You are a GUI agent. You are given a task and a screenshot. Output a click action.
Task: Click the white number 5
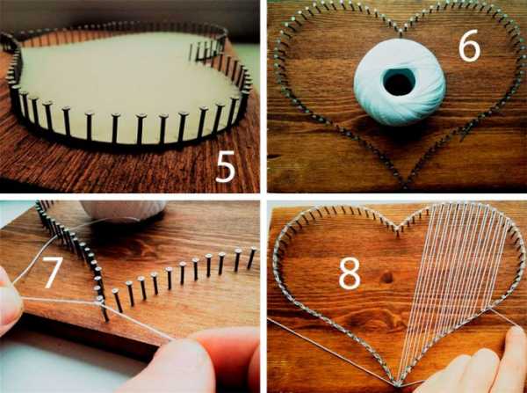(225, 166)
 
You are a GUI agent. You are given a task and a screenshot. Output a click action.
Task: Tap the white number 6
(470, 46)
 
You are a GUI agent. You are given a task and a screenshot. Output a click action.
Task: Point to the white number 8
(350, 273)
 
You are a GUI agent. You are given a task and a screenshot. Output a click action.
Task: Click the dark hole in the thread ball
(400, 81)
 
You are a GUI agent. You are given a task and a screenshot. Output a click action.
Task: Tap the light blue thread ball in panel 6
(400, 82)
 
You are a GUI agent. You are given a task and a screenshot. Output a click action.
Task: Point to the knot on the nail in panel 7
(100, 301)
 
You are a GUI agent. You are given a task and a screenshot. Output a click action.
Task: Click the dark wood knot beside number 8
(387, 278)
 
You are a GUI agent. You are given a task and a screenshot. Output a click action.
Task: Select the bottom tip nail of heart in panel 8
(397, 383)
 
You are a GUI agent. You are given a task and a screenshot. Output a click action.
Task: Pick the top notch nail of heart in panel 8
(397, 231)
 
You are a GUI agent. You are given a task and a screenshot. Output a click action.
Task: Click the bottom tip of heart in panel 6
(406, 185)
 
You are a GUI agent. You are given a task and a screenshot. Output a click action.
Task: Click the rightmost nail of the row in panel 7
(251, 258)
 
